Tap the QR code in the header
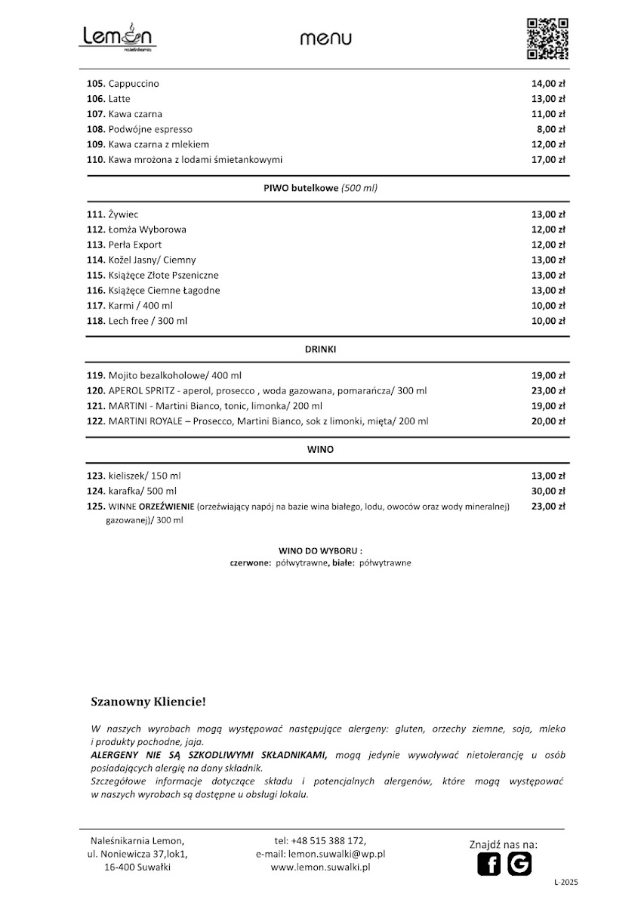tap(547, 38)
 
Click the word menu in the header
tap(325, 39)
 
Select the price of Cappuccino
tap(549, 84)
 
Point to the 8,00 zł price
tap(552, 129)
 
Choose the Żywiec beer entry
tap(123, 214)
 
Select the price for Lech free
tap(549, 321)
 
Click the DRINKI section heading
tap(320, 350)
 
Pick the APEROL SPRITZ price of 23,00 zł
tap(549, 391)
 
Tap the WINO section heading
tap(320, 449)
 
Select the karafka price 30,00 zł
tap(549, 492)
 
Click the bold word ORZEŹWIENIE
tap(166, 507)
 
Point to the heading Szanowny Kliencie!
tap(148, 702)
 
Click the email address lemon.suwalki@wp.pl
tap(337, 854)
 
